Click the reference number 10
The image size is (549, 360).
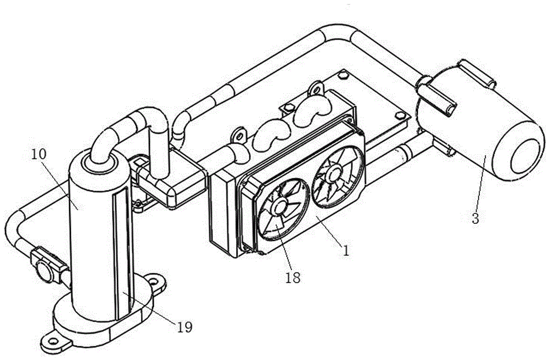coord(38,154)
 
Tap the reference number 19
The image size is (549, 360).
coord(184,327)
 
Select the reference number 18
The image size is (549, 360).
coord(293,278)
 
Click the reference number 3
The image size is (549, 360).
coord(475,218)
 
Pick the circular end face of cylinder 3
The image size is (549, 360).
coord(525,156)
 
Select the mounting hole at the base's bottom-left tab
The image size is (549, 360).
coord(53,340)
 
